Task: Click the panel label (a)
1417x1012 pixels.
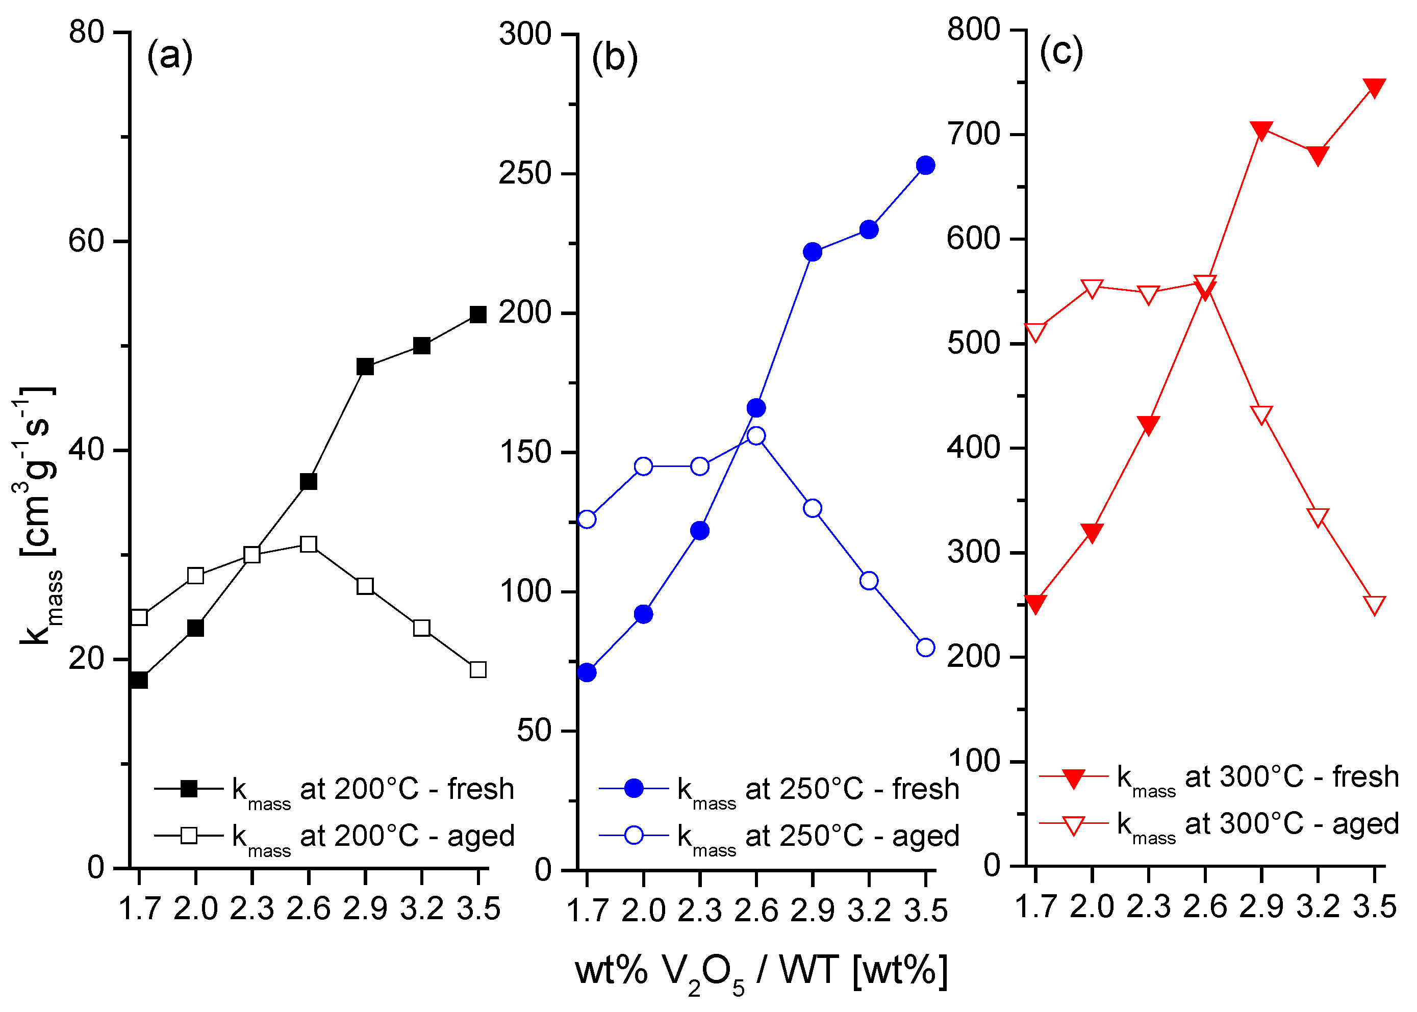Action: coord(169,56)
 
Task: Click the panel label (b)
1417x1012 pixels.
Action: coord(615,58)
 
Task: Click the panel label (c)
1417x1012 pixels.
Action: coord(1061,53)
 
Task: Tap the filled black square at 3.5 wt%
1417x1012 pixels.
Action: coord(478,315)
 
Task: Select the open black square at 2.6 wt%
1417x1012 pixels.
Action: coord(309,544)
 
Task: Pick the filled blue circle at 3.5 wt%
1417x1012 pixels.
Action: coord(926,165)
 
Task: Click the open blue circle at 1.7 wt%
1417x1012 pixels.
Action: coord(587,519)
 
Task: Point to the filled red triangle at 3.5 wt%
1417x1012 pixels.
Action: coord(1375,87)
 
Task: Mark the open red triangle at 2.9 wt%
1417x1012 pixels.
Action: coord(1261,414)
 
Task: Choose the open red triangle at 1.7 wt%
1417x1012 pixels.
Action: coord(1035,331)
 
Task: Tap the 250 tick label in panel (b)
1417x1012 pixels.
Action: coord(525,173)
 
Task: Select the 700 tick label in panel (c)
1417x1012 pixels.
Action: coord(973,134)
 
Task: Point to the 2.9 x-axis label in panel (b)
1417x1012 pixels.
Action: coord(812,911)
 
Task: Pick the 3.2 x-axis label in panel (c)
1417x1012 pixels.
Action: coord(1318,906)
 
